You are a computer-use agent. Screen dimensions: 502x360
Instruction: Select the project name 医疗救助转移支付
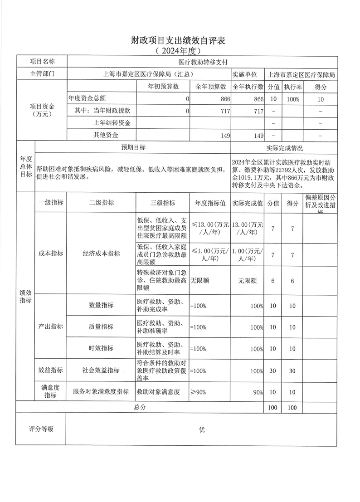click(203, 62)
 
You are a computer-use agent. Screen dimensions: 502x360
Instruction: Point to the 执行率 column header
click(293, 87)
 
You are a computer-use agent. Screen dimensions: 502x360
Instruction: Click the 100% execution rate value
click(293, 99)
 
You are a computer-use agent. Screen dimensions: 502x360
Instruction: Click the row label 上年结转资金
click(112, 123)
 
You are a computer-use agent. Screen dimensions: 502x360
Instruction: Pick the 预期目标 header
click(133, 148)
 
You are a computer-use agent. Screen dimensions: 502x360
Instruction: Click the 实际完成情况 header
click(284, 148)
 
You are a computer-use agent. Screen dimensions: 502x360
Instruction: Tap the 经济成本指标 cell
click(101, 253)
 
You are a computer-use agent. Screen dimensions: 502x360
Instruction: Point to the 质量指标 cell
click(101, 327)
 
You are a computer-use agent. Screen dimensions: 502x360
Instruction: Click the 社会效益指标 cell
click(101, 370)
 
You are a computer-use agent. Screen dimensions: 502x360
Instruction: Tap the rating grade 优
click(202, 429)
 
